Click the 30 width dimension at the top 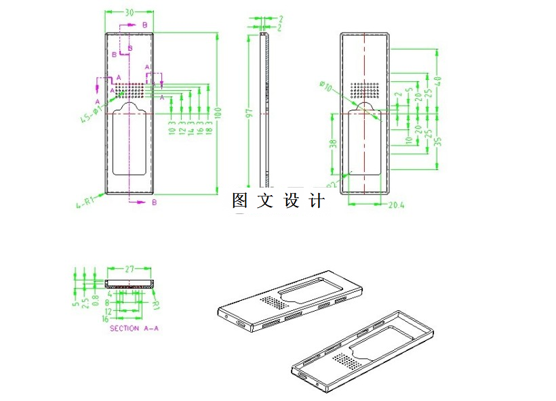click(130, 12)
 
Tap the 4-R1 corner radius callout click(84, 201)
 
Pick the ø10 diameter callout click(325, 86)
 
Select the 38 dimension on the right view click(332, 144)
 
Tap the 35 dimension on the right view click(438, 142)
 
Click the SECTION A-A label click(134, 328)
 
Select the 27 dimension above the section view click(129, 269)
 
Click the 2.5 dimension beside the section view click(85, 298)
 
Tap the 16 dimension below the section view click(105, 318)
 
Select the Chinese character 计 click(317, 201)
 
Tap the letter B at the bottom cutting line click(155, 203)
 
